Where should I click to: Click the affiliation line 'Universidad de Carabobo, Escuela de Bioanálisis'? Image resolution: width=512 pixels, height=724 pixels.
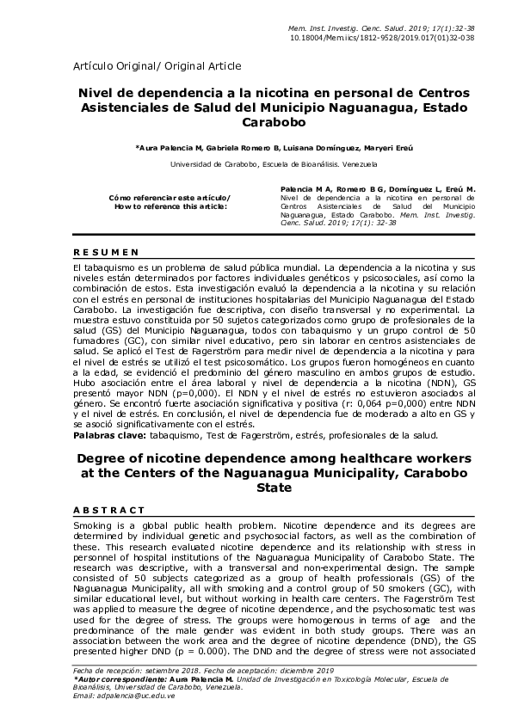pyautogui.click(x=250, y=164)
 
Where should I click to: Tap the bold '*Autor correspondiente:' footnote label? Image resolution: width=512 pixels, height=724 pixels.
pyautogui.click(x=123, y=679)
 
